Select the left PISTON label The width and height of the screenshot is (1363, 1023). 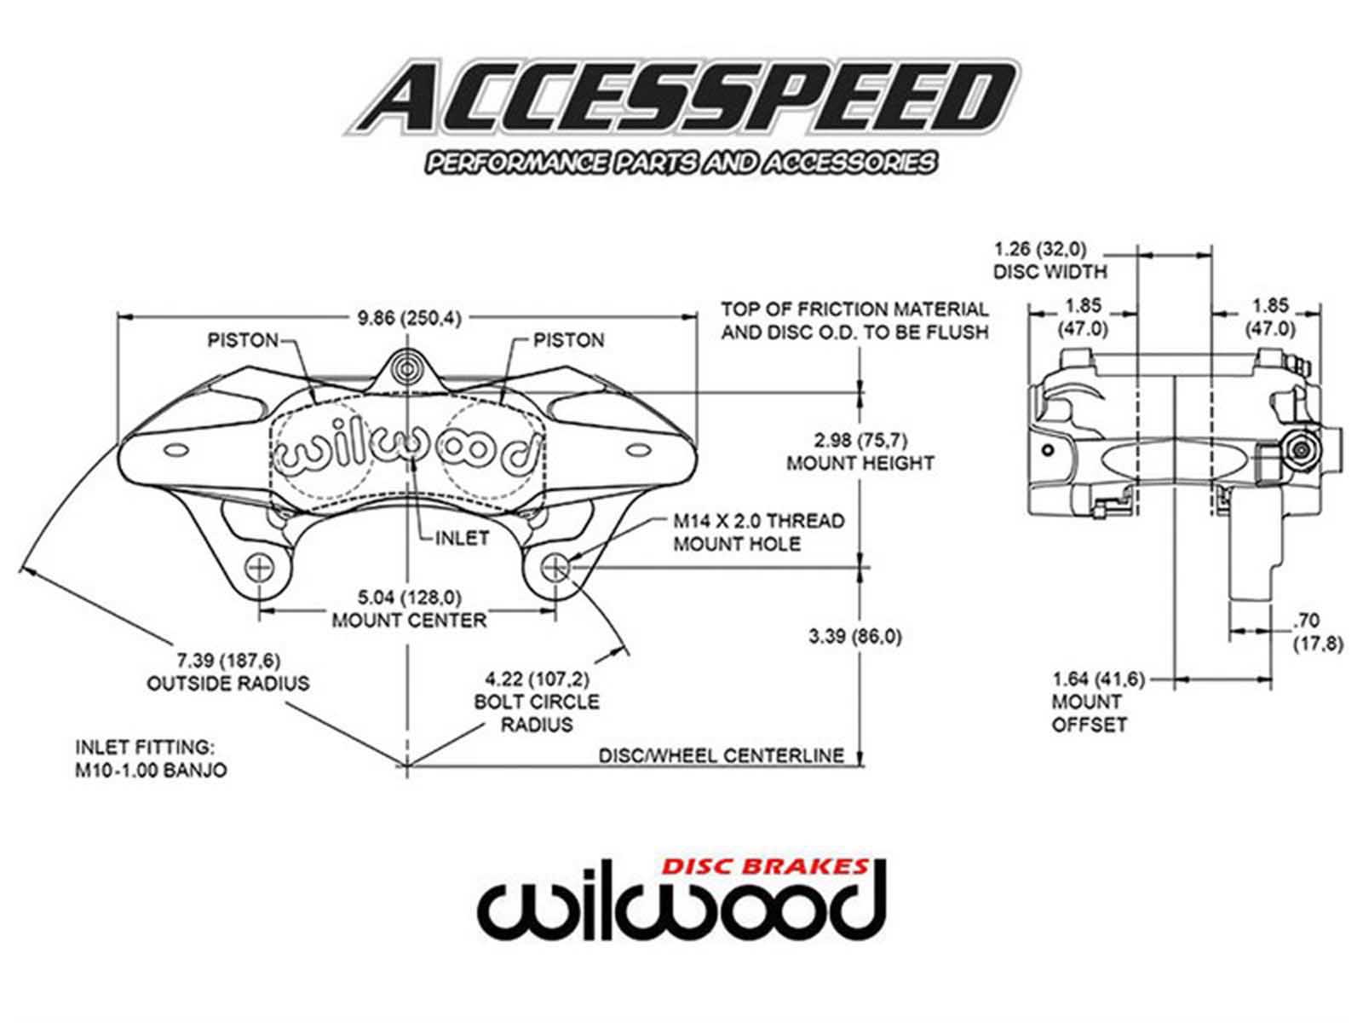pos(243,340)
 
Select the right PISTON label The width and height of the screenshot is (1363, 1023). pos(568,340)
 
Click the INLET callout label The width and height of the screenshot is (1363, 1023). pos(462,538)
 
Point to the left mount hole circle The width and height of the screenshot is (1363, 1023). pos(260,567)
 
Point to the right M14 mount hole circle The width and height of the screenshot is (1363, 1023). pos(555,567)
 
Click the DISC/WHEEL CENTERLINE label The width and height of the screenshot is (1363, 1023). pos(721,755)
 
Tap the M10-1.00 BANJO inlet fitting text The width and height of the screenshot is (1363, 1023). pos(152,770)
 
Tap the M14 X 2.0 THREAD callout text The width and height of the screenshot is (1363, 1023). pos(758,521)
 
